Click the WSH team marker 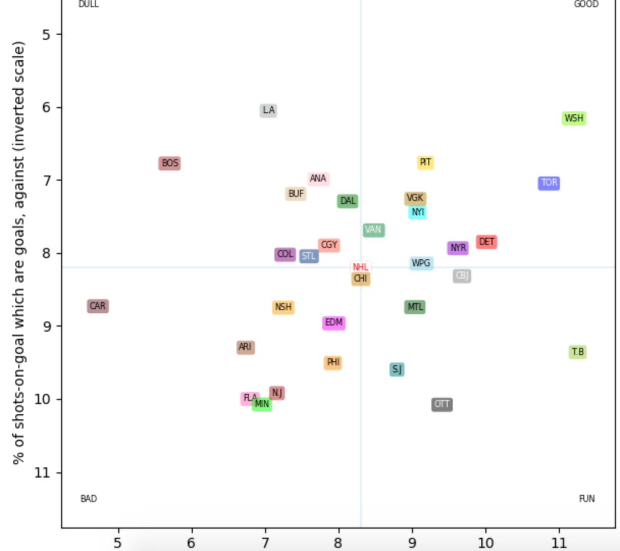point(574,118)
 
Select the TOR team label point(549,183)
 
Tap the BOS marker point(170,163)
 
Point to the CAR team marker point(97,306)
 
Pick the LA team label point(268,110)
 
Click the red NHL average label point(360,267)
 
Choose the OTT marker point(442,405)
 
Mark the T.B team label point(577,352)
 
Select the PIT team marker point(425,163)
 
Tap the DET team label point(486,242)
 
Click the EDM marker point(334,323)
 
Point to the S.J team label point(397,369)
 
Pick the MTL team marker point(415,307)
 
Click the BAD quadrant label point(88,498)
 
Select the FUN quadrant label point(586,498)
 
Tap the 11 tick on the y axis point(42,472)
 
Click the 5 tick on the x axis point(118,542)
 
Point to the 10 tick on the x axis point(485,542)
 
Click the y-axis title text point(19,253)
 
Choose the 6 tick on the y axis point(46,108)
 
